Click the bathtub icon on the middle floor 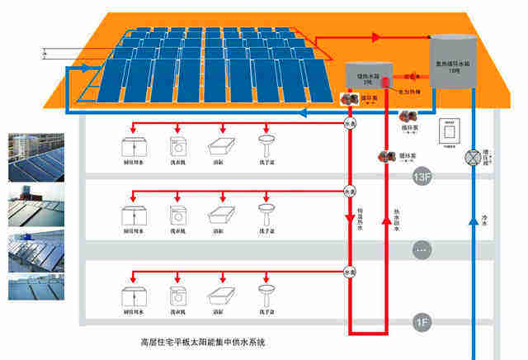point(219,216)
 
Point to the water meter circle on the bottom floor point(350,270)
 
